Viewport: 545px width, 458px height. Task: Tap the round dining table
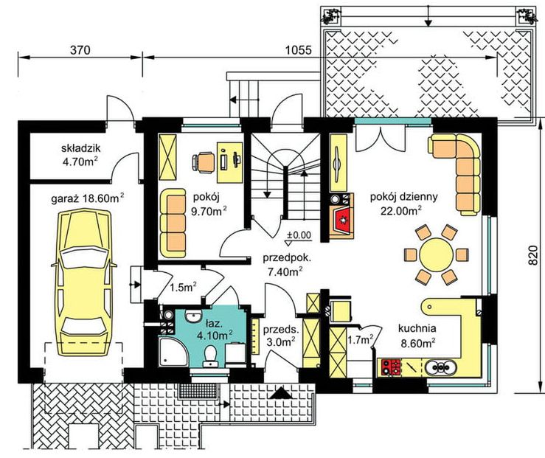pyautogui.click(x=436, y=254)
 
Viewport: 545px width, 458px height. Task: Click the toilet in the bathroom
pyautogui.click(x=210, y=355)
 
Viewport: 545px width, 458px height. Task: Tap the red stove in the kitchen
pyautogui.click(x=391, y=367)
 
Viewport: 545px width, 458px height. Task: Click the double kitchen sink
pyautogui.click(x=440, y=367)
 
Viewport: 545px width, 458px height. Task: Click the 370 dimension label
pyautogui.click(x=80, y=50)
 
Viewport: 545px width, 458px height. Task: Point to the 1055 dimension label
pyautogui.click(x=299, y=50)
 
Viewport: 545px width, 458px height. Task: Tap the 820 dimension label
pyautogui.click(x=533, y=255)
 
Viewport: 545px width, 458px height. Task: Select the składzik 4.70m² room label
pyautogui.click(x=80, y=155)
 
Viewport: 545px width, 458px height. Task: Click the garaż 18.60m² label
pyautogui.click(x=87, y=198)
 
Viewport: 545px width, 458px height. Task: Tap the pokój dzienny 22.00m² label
pyautogui.click(x=403, y=204)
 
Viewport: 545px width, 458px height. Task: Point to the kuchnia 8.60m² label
pyautogui.click(x=417, y=336)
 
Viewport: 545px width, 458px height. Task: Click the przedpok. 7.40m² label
pyautogui.click(x=287, y=265)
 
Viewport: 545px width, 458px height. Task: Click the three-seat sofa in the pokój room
pyautogui.click(x=173, y=223)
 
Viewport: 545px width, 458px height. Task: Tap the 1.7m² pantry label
pyautogui.click(x=361, y=339)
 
